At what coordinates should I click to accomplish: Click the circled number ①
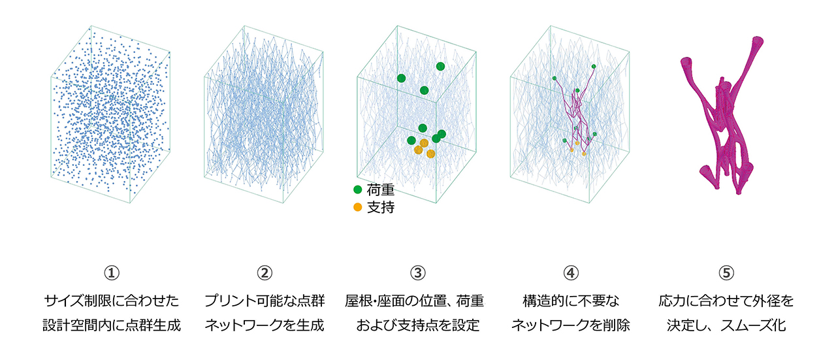112,273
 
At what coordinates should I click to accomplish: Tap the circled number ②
265,273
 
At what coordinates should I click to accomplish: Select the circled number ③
417,273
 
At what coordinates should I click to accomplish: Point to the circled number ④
571,273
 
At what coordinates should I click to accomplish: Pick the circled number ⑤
726,273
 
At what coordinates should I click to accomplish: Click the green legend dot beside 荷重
357,189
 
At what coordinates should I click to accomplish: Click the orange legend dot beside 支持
357,207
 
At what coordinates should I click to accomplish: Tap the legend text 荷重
380,190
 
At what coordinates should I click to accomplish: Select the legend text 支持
380,207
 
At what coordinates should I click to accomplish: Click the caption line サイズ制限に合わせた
112,301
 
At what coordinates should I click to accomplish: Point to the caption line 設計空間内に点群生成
112,325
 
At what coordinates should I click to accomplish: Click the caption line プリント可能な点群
265,301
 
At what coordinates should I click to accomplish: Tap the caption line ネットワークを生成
265,325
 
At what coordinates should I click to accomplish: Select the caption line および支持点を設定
417,325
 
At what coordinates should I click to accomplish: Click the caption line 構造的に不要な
571,301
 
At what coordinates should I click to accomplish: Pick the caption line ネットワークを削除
571,325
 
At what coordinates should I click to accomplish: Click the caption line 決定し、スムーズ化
726,325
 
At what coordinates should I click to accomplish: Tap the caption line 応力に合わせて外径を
726,301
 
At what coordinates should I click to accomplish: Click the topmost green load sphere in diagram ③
440,67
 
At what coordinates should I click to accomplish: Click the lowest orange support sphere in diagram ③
430,154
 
